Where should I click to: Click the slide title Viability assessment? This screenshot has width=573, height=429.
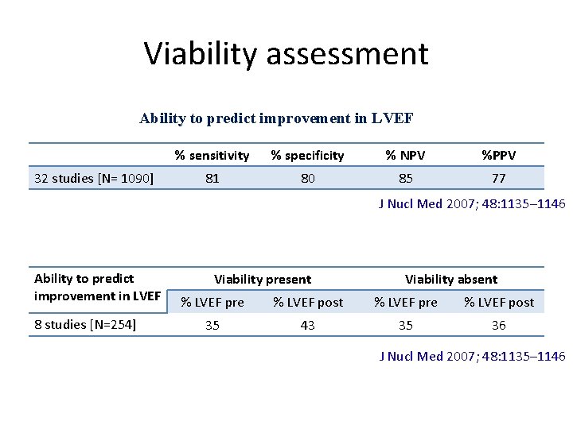coord(286,53)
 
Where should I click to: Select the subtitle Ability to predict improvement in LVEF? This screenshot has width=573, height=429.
coord(276,118)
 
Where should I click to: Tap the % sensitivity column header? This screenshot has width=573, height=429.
coord(212,155)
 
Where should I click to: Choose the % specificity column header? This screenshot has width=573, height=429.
coord(307,155)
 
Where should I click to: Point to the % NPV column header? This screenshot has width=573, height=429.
coord(406,155)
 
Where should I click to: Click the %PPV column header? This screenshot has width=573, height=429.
coord(499,155)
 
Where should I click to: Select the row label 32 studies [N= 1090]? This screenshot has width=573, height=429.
coord(94,178)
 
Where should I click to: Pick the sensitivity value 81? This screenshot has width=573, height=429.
coord(212,179)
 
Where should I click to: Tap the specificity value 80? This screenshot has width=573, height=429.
coord(307,179)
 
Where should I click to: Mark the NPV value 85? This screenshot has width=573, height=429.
coord(406,179)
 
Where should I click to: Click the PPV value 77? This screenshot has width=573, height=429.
coord(499,179)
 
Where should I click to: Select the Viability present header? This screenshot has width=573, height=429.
coord(263,279)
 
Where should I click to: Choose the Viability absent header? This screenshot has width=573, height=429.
coord(451,279)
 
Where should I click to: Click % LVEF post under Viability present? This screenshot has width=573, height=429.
coord(308,302)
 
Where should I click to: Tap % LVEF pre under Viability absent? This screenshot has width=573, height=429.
coord(406,302)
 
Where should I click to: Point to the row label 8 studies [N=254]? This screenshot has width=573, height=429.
coord(85,325)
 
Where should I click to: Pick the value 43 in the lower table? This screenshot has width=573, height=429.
coord(308,326)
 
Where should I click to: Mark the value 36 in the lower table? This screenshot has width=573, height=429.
coord(499,326)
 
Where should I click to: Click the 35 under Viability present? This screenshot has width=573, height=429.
coord(212,326)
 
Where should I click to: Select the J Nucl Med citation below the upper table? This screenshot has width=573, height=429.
coord(471,204)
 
